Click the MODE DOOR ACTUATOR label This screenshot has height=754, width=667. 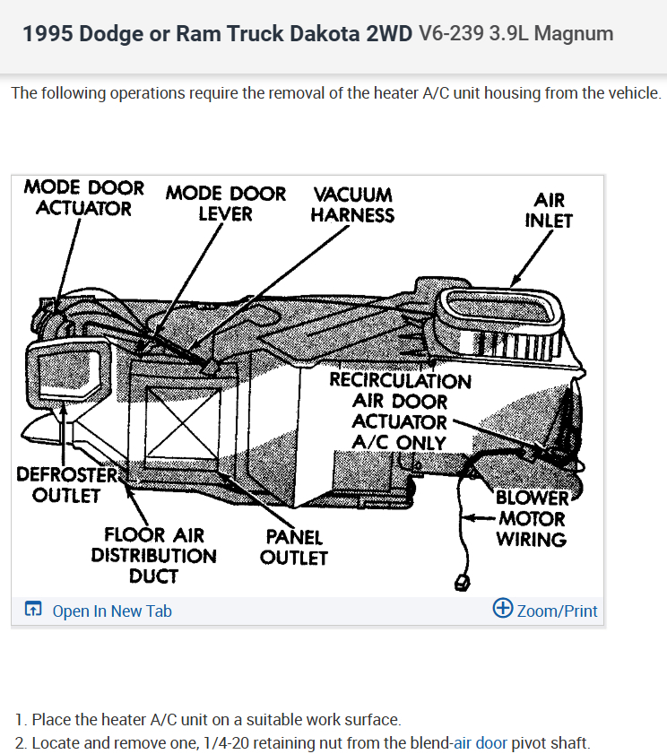coord(83,198)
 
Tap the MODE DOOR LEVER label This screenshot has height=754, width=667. coord(226,204)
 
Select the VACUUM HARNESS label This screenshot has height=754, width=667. coord(352,204)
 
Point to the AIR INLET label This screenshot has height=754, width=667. coord(549,210)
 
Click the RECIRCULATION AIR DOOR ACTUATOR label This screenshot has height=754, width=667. coord(399,411)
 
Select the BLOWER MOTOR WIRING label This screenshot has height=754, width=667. coord(532,518)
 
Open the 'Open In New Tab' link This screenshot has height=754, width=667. coord(112,611)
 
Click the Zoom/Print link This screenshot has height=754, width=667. coord(557,611)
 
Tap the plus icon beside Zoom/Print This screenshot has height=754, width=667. coord(503,610)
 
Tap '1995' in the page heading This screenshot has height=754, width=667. coord(48,34)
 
